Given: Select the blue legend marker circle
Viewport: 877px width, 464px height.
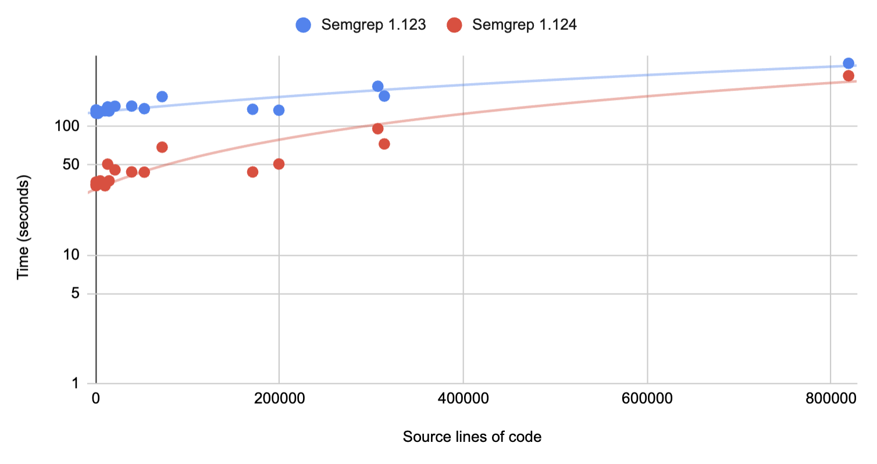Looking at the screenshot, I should tap(304, 25).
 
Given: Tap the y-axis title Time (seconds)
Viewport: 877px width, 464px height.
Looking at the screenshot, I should tap(23, 229).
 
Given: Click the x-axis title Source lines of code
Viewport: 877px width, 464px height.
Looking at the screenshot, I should tap(472, 437).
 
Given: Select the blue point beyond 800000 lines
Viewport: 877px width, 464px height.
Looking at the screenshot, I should tap(848, 63).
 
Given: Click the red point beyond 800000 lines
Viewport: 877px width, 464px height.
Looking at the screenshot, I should tap(848, 76).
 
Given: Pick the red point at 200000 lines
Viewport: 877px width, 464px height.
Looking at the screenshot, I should tap(279, 164).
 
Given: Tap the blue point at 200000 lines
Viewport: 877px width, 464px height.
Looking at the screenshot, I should tap(279, 110).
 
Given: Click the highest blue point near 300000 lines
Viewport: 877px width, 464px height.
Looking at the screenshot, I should tap(377, 86).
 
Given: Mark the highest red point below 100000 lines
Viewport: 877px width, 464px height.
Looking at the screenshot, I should tap(162, 147).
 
